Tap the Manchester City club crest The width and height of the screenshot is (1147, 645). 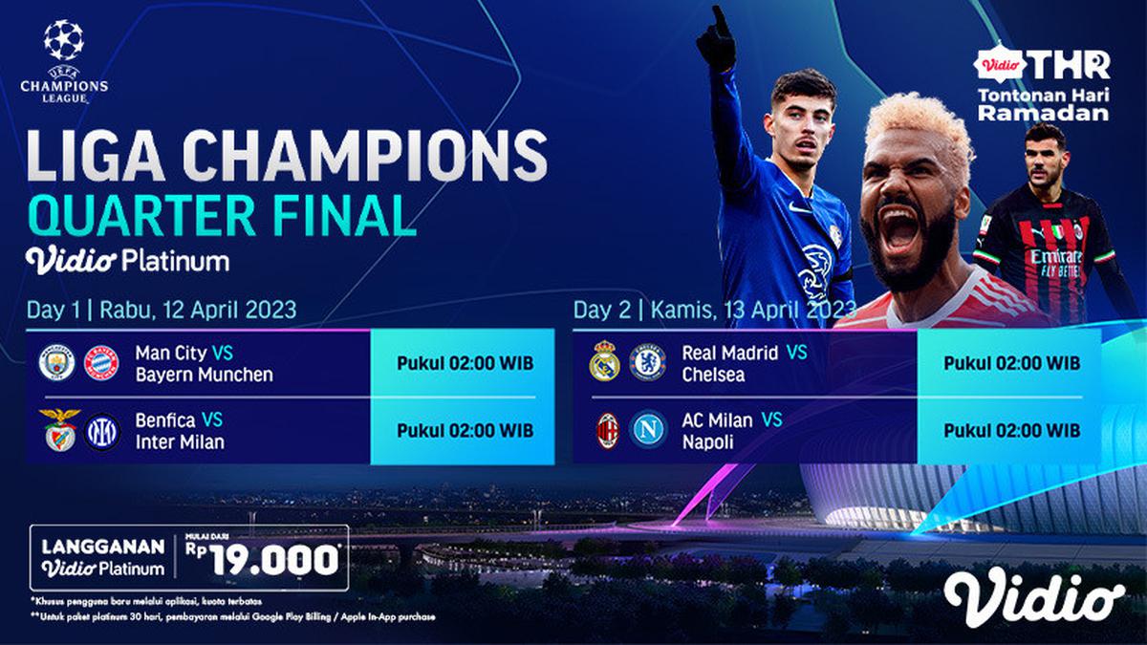point(55,363)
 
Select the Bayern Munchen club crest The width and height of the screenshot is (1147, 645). point(100,363)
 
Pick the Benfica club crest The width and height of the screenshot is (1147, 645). point(55,431)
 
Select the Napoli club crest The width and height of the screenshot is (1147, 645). point(648,431)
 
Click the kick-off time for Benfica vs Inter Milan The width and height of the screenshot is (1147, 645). point(465,431)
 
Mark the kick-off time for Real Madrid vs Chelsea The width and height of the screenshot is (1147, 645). point(1012,363)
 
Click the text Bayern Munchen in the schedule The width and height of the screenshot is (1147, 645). point(204,375)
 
